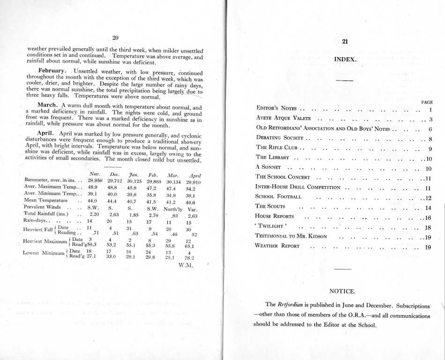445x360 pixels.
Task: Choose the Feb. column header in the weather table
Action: [x=154, y=173]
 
